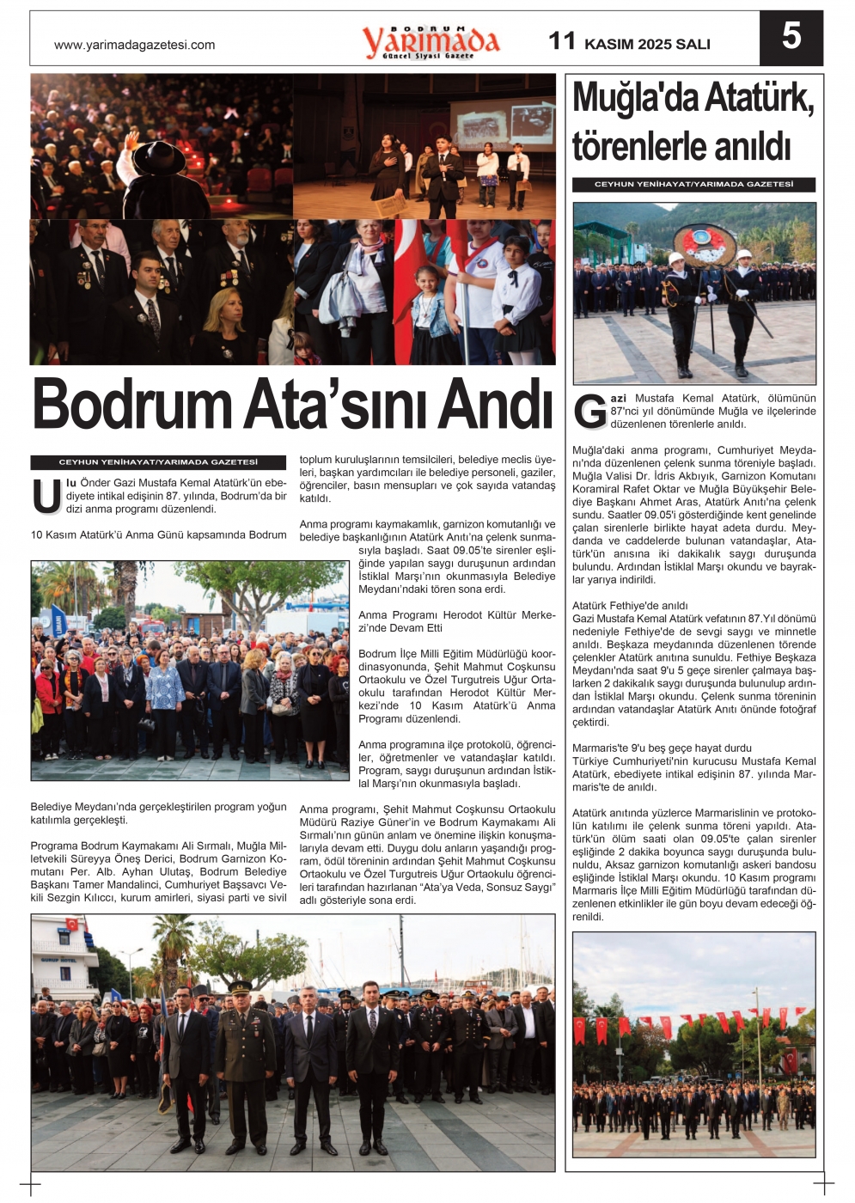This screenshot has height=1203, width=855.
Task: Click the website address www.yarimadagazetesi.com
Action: click(x=134, y=46)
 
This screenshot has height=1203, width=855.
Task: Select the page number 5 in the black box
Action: click(x=791, y=37)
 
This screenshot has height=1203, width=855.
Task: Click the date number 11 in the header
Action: click(x=562, y=40)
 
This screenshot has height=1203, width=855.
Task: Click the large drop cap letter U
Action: click(x=46, y=497)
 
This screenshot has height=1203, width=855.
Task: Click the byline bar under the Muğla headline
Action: click(x=693, y=185)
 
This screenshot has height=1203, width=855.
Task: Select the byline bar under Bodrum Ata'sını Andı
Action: click(x=158, y=462)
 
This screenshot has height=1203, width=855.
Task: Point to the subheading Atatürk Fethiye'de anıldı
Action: click(x=630, y=606)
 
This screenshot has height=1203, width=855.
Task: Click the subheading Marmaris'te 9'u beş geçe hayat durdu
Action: click(x=662, y=748)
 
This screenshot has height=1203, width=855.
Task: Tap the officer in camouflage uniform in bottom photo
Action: click(x=245, y=1057)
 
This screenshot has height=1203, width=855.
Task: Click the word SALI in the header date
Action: click(x=693, y=45)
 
